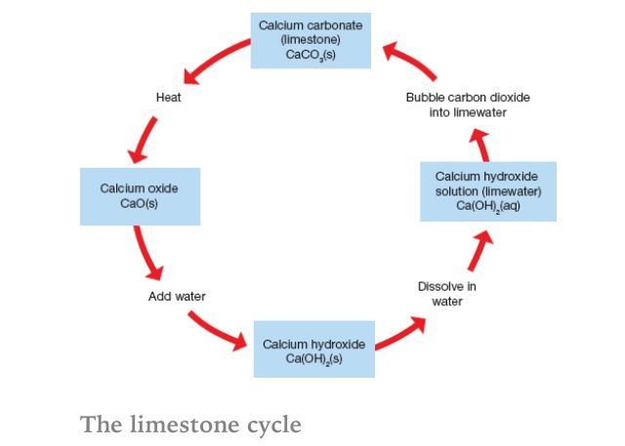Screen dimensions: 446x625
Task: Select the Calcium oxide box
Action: [140, 196]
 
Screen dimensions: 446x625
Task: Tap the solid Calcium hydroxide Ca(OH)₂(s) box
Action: [313, 349]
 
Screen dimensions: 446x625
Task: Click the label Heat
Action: [169, 98]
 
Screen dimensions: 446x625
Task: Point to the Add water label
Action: [177, 296]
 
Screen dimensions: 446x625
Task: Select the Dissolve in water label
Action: [447, 294]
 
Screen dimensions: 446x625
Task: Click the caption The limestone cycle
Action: [191, 425]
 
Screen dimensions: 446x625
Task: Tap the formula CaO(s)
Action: [140, 204]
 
